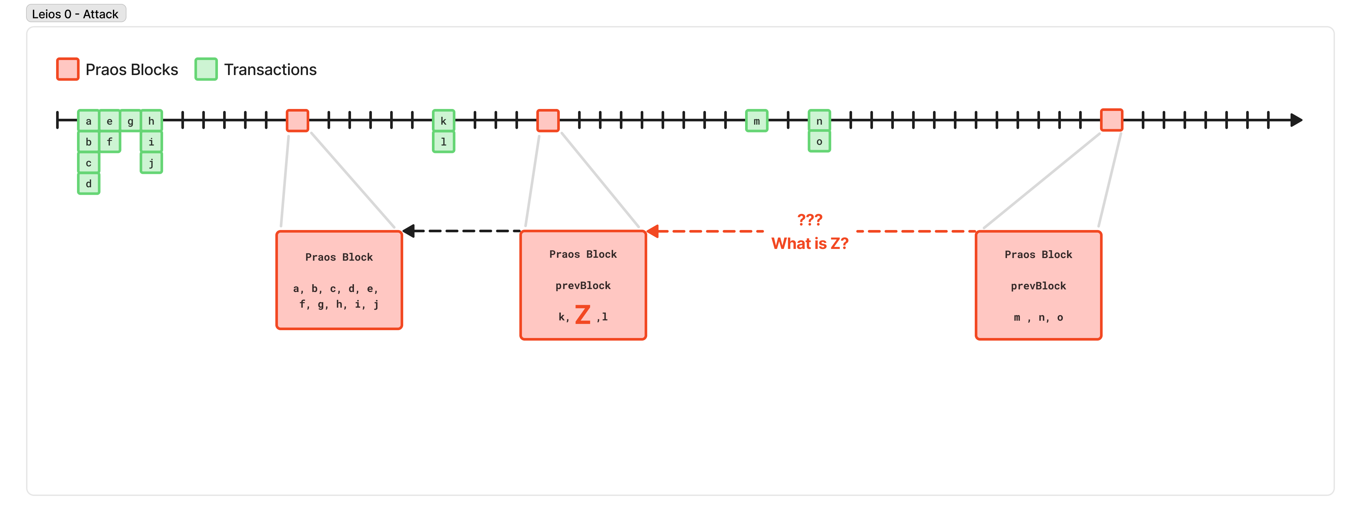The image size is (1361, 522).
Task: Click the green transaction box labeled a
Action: point(88,121)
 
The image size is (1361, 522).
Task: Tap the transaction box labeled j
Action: point(151,163)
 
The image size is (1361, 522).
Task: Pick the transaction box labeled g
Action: point(130,121)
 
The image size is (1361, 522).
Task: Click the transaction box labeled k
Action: point(443,121)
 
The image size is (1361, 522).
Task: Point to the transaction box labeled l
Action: point(443,142)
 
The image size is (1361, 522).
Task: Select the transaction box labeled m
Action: point(757,121)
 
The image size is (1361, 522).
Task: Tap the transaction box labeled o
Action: point(819,142)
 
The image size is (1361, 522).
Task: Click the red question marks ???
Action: point(809,219)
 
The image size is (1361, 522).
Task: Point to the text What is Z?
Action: point(809,244)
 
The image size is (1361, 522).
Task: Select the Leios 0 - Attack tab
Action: point(76,14)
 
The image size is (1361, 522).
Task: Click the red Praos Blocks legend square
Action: point(68,69)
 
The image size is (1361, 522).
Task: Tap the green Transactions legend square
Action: point(206,69)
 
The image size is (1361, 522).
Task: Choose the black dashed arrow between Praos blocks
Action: point(462,231)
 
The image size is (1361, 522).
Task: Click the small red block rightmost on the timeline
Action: point(1111,120)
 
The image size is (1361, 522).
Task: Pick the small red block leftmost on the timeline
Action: point(298,120)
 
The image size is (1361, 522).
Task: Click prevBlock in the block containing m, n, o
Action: point(1038,286)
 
